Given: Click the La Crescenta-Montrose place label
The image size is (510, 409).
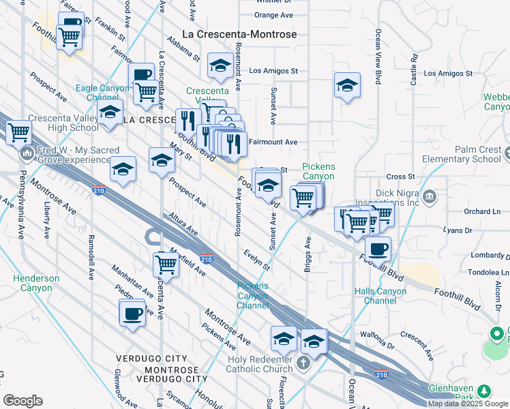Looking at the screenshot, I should tap(240, 33).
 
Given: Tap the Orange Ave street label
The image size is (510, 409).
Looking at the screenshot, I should tap(273, 15).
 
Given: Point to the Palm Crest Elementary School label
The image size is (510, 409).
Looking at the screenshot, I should tap(468, 155).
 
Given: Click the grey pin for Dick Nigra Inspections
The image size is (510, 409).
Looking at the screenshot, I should tap(430, 198).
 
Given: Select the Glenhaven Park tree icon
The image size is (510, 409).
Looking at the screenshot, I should tap(484, 391).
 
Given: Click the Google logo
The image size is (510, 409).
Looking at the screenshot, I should tap(22, 401).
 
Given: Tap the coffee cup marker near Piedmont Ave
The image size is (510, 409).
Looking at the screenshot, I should tap(132, 314).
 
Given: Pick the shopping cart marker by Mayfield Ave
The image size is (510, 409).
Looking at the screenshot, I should tap(166, 264).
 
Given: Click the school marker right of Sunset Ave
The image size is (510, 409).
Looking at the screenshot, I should tap(346, 86).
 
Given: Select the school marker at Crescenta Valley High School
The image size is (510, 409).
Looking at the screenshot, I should tap(109, 114).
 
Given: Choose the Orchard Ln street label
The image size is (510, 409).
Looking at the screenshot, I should tap(477, 211).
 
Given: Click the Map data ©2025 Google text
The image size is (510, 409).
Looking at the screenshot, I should tap(468, 404).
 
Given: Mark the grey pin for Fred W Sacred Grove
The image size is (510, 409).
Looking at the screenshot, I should tap(27, 151).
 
